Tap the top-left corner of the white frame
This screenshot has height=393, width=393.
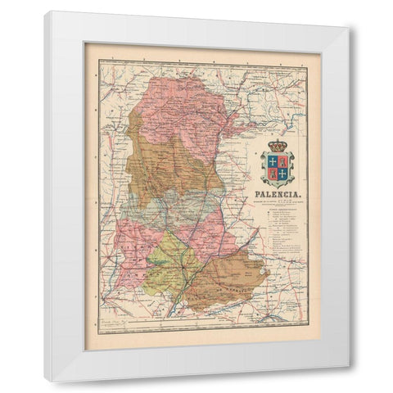[x=46, y=13]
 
